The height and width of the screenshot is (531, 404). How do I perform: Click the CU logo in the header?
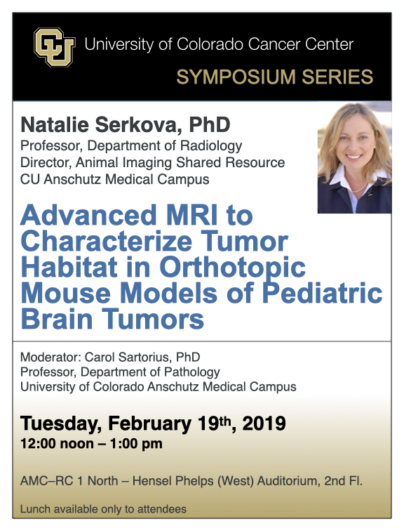pyautogui.click(x=55, y=47)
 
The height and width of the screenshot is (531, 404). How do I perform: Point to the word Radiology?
pyautogui.click(x=211, y=146)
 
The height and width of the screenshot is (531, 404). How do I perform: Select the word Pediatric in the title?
pyautogui.click(x=322, y=293)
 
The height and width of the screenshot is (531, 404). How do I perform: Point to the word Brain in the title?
pyautogui.click(x=56, y=319)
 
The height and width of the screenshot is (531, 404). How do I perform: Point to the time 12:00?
pyautogui.click(x=37, y=444)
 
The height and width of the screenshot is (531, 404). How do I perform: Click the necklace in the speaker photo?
pyautogui.click(x=360, y=187)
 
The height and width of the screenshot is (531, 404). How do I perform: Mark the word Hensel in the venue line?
pyautogui.click(x=149, y=481)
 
